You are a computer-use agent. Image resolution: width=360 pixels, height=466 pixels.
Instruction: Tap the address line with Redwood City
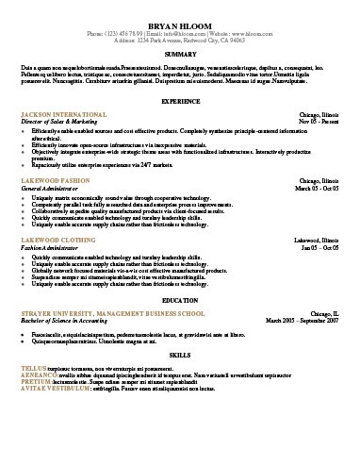coord(180,40)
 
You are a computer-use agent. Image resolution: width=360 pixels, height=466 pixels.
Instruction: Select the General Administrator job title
coord(53,187)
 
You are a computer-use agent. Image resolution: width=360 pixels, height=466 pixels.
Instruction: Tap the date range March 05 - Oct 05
coord(316,187)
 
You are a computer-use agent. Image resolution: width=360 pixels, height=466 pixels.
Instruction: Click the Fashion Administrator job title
coord(53,247)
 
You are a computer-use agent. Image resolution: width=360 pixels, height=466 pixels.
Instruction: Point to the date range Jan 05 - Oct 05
coord(320,247)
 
